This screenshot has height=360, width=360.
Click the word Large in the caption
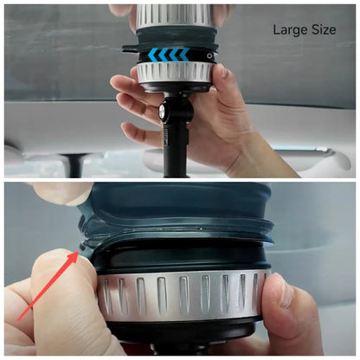coord(290,30)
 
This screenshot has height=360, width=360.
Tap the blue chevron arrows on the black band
coord(169,55)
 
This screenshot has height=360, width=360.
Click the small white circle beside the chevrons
coord(209,56)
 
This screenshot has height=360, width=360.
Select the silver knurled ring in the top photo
coord(175,74)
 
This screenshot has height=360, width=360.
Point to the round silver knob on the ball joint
coord(161,111)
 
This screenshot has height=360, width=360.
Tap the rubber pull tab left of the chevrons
coord(130,48)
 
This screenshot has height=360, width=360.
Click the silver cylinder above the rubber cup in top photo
coord(173,16)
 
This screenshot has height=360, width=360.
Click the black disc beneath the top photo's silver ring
coord(176,87)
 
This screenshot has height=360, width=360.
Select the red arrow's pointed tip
coord(78,251)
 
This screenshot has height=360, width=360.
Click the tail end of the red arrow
coord(18,319)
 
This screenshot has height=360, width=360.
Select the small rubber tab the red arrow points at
coord(84,247)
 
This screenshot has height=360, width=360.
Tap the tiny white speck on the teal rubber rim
coord(201,229)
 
